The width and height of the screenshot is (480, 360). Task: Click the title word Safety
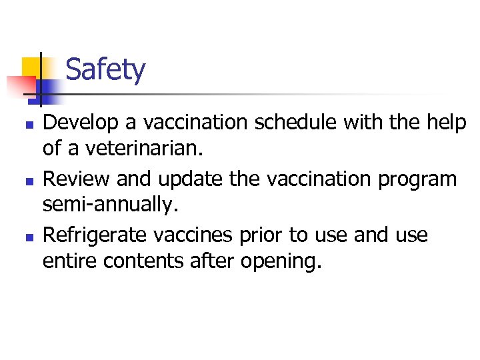click(x=105, y=70)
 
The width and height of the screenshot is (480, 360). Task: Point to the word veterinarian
click(x=133, y=147)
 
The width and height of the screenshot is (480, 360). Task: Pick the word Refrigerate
click(x=96, y=235)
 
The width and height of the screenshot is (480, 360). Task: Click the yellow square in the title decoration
click(x=32, y=67)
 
